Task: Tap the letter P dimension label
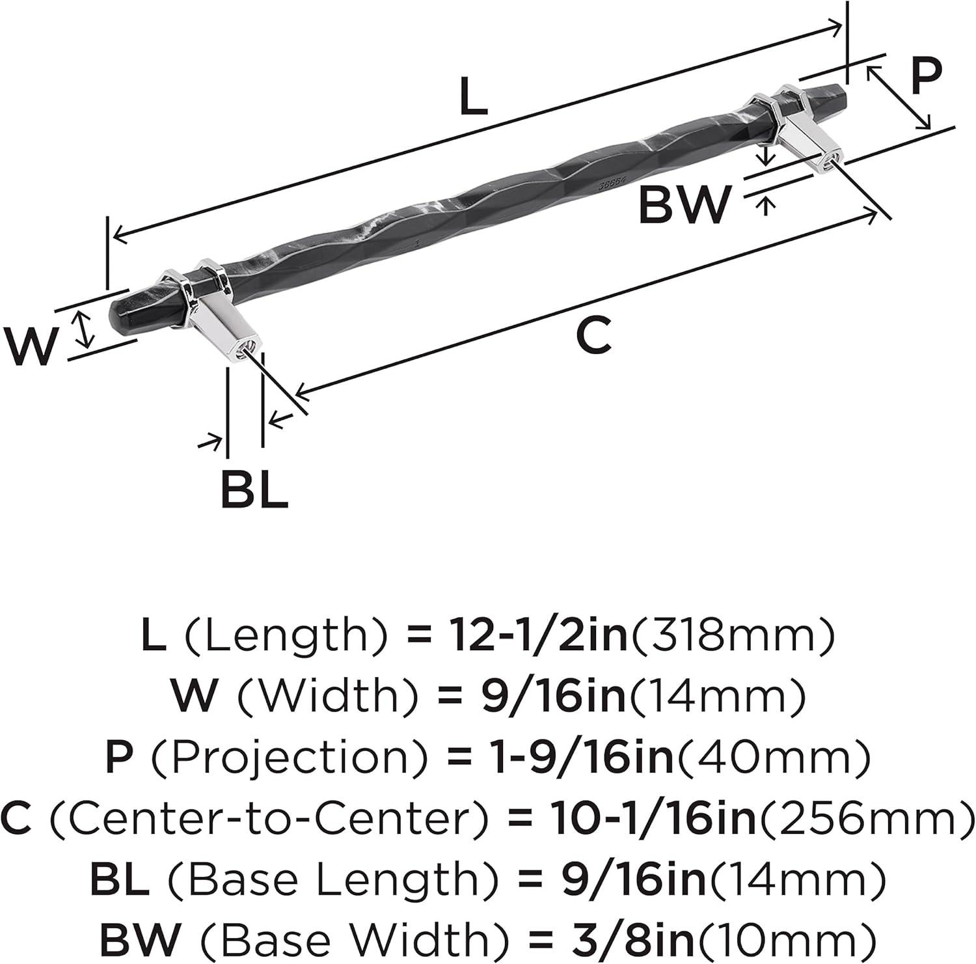click(x=926, y=76)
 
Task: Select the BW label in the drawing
click(x=685, y=204)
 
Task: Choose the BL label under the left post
click(x=254, y=489)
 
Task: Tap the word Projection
click(x=286, y=757)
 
